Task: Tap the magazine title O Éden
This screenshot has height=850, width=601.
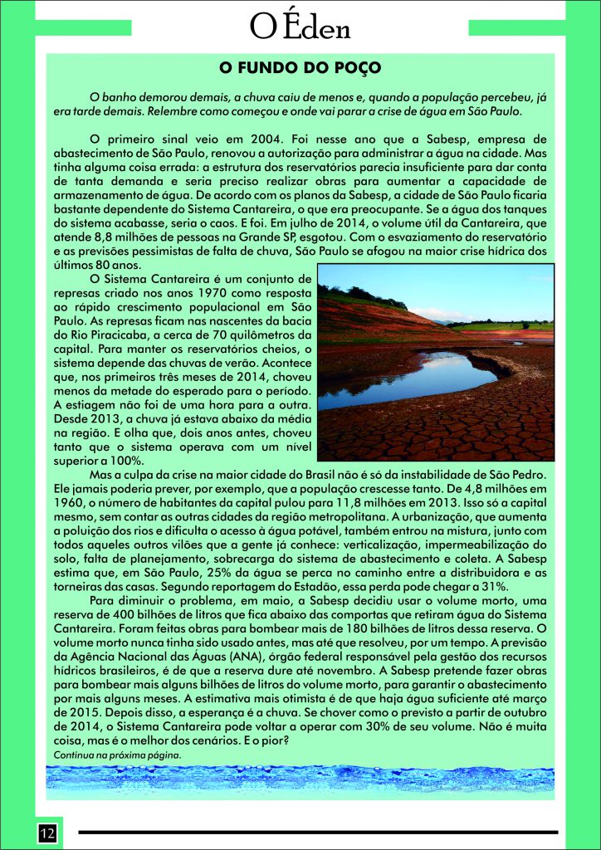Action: point(300,27)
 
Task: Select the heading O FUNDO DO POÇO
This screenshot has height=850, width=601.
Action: point(300,66)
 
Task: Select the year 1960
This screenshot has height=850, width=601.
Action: point(73,503)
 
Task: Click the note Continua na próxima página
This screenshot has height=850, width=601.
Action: point(117,755)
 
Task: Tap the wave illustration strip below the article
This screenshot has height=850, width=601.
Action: point(300,782)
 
